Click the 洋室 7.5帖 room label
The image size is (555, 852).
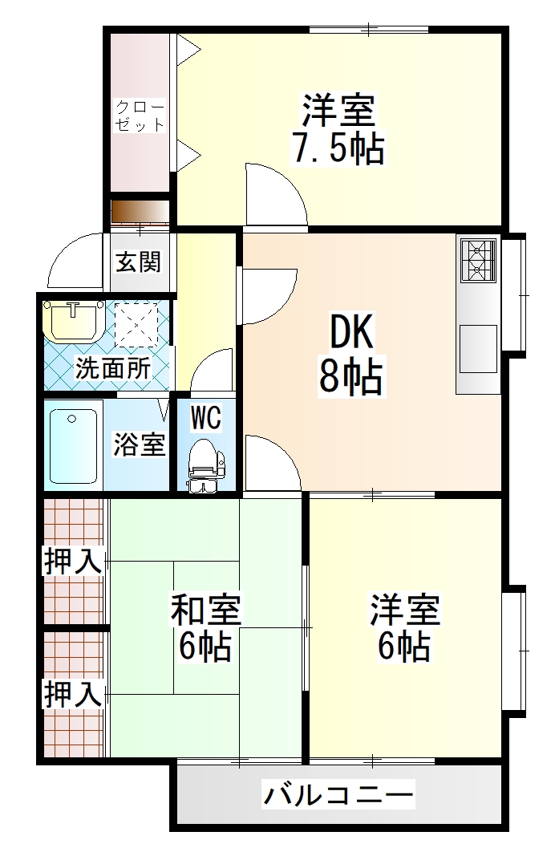click(338, 129)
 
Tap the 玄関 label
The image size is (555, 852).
click(139, 262)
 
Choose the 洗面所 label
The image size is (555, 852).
click(112, 368)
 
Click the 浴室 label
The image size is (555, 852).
click(139, 444)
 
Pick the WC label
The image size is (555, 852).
click(205, 418)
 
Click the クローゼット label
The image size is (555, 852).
click(140, 116)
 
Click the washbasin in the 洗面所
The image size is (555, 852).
click(73, 320)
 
